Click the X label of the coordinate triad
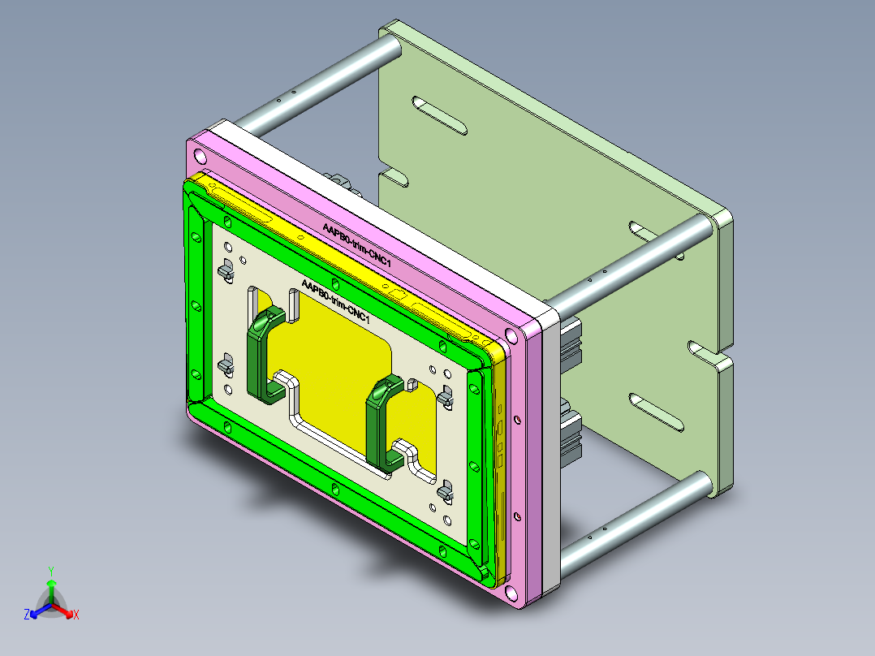76,615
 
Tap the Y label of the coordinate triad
51,571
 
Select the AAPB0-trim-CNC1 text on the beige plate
335,301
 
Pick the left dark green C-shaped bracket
264,354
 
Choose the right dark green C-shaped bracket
381,422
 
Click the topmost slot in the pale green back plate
440,116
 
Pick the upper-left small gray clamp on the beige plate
225,270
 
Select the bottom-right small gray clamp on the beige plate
444,491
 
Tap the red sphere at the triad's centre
51,605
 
